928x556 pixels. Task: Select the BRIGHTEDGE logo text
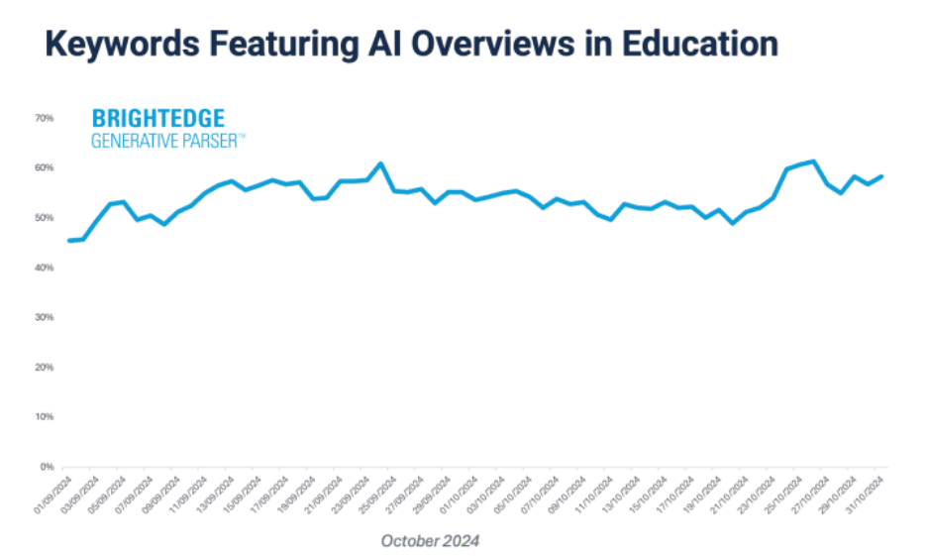(157, 119)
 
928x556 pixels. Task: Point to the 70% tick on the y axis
(44, 118)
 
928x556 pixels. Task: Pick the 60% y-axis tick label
(44, 167)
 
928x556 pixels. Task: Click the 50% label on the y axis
(44, 217)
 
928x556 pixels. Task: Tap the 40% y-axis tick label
(44, 268)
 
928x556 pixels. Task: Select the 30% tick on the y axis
(44, 317)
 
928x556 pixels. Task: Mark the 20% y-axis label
(44, 367)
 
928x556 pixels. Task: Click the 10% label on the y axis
(44, 416)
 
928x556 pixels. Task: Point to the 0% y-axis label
(46, 466)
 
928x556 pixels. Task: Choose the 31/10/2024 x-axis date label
(868, 491)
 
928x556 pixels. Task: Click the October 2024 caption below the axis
(430, 541)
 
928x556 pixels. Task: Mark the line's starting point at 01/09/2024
(68, 241)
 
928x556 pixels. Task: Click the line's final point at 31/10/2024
(882, 176)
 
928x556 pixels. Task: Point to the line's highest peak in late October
(813, 161)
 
